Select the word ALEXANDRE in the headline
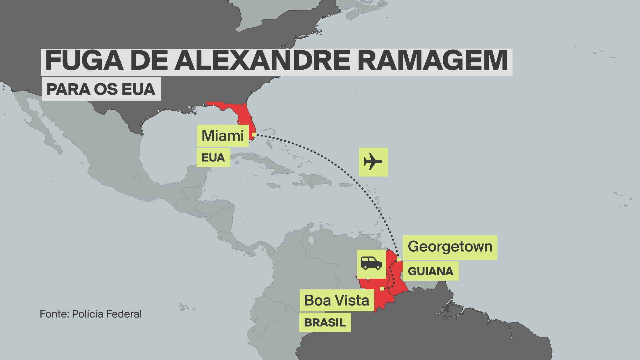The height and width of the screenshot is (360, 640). [x=262, y=61]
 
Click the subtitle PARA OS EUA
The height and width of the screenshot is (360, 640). [x=101, y=89]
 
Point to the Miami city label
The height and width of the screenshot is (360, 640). [x=223, y=136]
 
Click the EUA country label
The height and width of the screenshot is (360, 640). [x=213, y=158]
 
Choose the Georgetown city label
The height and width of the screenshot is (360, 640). [x=450, y=247]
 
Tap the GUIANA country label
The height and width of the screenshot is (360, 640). [x=430, y=271]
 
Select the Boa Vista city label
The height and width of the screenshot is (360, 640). [x=337, y=300]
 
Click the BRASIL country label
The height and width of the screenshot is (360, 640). [x=325, y=323]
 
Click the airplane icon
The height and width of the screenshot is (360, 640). [x=373, y=162]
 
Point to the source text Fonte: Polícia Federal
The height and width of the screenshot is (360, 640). [x=91, y=314]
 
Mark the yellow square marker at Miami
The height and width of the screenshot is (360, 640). [x=254, y=135]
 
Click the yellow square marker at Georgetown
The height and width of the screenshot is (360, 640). [x=399, y=259]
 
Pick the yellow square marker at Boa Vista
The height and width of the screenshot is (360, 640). [x=382, y=288]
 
